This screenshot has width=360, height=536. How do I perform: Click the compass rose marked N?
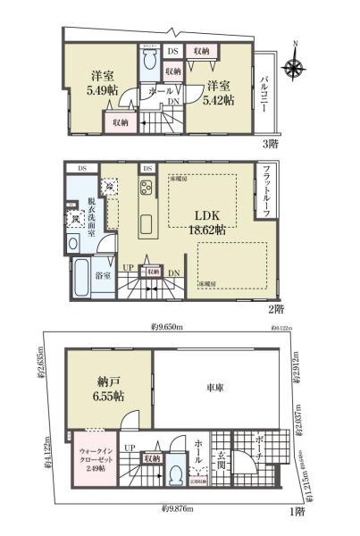pyautogui.click(x=295, y=67)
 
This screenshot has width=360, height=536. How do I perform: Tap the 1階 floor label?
pyautogui.click(x=296, y=512)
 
